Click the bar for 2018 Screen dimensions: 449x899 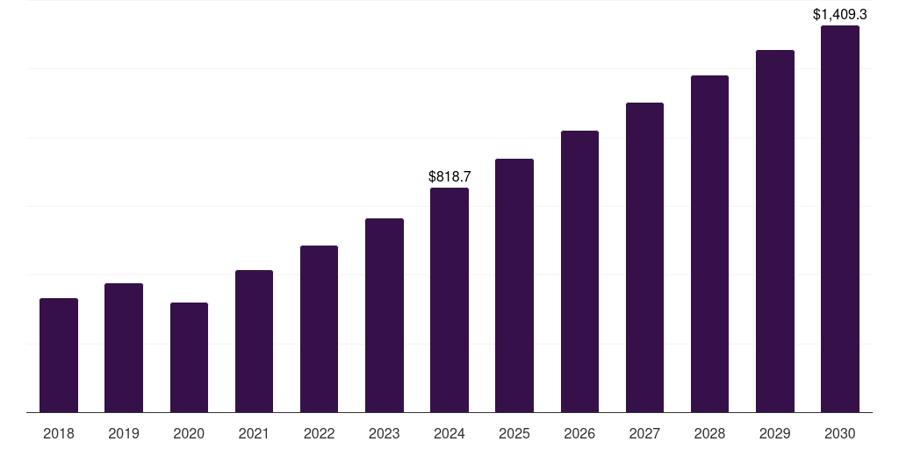[x=59, y=355]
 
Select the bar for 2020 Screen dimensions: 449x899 [x=189, y=358]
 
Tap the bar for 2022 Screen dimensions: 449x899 [x=319, y=329]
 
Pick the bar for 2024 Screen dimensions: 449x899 [x=449, y=300]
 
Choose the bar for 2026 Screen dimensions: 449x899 [x=579, y=272]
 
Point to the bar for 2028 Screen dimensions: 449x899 [x=709, y=244]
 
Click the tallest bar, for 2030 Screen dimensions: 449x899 [x=839, y=219]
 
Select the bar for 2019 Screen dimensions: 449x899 [x=124, y=348]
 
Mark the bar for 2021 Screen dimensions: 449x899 [x=254, y=341]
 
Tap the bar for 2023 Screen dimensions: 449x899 [x=385, y=316]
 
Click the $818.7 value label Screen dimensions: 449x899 [x=449, y=176]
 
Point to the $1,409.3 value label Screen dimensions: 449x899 [x=839, y=14]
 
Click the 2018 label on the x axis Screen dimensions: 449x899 [x=59, y=433]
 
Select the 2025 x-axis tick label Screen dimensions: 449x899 [x=514, y=433]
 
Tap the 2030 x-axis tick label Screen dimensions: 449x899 [x=839, y=433]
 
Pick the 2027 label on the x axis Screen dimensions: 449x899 [x=644, y=433]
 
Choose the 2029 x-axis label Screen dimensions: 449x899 [x=774, y=433]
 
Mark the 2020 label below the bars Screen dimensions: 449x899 [x=189, y=433]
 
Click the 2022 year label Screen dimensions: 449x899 [x=319, y=433]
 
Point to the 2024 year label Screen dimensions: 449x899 [x=449, y=433]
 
